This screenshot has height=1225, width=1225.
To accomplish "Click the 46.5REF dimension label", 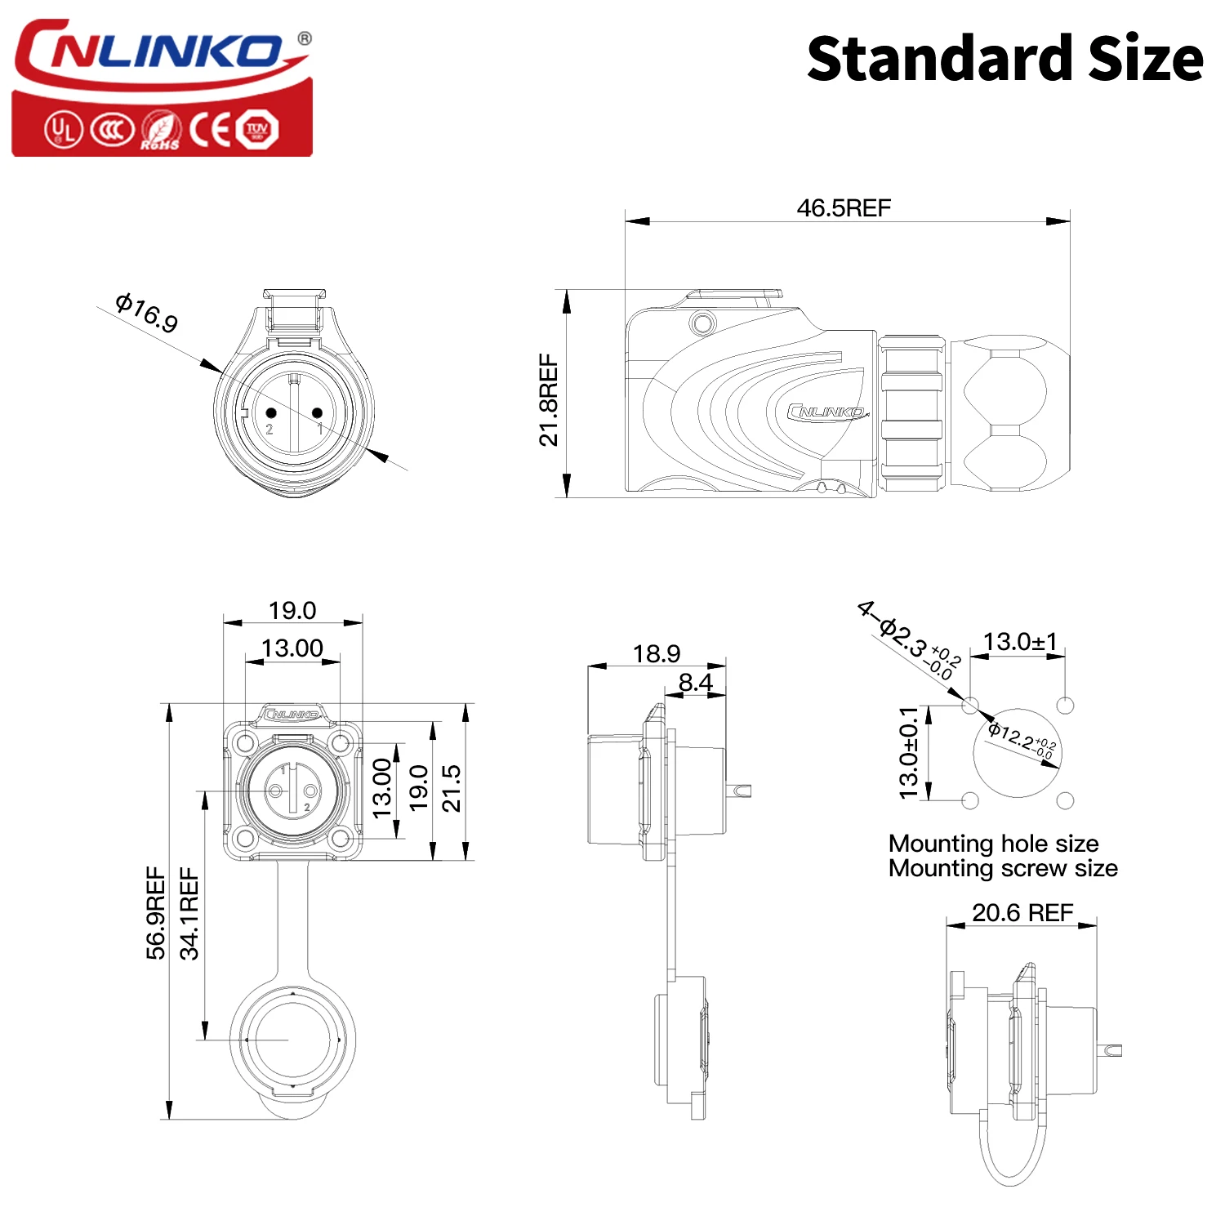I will (x=844, y=208).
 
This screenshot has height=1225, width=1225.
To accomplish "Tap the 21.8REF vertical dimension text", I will (x=549, y=399).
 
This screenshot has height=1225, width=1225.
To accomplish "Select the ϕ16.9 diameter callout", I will (x=147, y=313).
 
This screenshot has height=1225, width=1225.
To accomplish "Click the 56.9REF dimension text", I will (x=155, y=913).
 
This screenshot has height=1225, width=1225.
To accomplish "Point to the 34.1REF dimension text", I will (x=189, y=913).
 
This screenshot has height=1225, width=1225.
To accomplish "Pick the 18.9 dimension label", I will (x=656, y=653).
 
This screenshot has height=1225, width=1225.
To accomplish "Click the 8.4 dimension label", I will (x=695, y=682).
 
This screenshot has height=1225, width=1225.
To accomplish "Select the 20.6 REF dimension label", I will (x=1022, y=912).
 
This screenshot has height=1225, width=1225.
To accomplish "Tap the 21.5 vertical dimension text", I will (x=452, y=788).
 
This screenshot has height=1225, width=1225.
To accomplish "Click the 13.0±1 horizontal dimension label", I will (x=1020, y=642).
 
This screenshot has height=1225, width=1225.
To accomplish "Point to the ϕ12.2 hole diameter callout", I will (x=1022, y=740).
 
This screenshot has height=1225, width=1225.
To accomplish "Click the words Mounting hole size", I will (x=993, y=843).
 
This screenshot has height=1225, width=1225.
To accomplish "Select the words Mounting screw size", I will (x=1003, y=868).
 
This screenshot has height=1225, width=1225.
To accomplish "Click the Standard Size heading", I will (x=1004, y=59).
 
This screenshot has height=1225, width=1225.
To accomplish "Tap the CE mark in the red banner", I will (x=210, y=129).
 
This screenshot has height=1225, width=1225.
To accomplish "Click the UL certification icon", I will (x=63, y=130).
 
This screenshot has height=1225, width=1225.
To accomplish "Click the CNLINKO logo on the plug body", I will (x=826, y=412).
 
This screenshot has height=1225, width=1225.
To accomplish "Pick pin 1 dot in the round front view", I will (x=318, y=413).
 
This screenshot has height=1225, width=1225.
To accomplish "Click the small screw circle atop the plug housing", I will (x=702, y=323).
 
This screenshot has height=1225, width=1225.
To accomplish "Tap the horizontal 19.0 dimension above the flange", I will (x=292, y=610).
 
